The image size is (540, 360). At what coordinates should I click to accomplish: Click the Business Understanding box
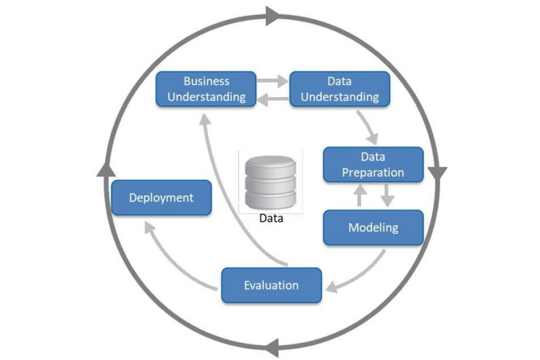pos(206,89)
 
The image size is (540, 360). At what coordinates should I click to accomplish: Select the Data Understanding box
pos(339,89)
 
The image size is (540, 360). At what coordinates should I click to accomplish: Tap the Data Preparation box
pos(372,164)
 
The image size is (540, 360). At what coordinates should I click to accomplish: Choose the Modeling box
pos(372,227)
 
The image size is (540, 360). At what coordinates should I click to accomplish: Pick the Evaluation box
pos(271,285)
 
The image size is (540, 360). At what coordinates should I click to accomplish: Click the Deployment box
pos(161,197)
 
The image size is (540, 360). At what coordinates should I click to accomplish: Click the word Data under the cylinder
pos(271,218)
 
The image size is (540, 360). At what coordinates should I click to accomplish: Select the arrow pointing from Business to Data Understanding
pos(272,81)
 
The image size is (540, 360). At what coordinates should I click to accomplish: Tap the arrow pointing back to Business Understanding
pos(272,99)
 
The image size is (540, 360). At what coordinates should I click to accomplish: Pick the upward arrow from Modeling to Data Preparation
pos(360,195)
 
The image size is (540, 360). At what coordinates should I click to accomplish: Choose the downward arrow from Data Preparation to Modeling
pos(387,195)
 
